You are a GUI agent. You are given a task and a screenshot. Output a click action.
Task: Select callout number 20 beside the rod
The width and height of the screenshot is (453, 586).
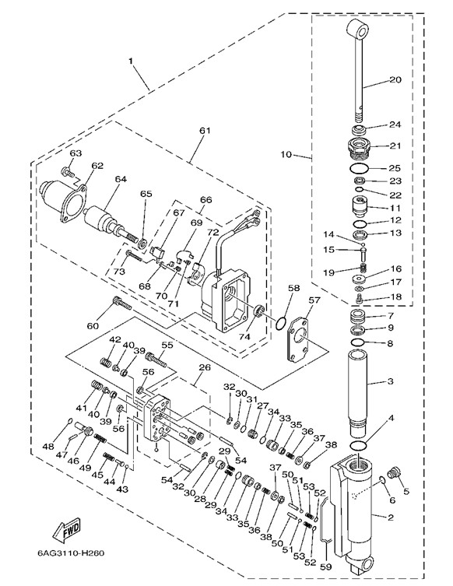pyautogui.click(x=395, y=79)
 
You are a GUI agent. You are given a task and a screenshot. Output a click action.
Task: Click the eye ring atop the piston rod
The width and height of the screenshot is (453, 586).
pyautogui.click(x=360, y=30)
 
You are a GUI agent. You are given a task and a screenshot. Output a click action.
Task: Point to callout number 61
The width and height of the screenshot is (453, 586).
pyautogui.click(x=205, y=131)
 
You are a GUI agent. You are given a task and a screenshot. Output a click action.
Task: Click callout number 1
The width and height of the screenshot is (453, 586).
pyautogui.click(x=131, y=61)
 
